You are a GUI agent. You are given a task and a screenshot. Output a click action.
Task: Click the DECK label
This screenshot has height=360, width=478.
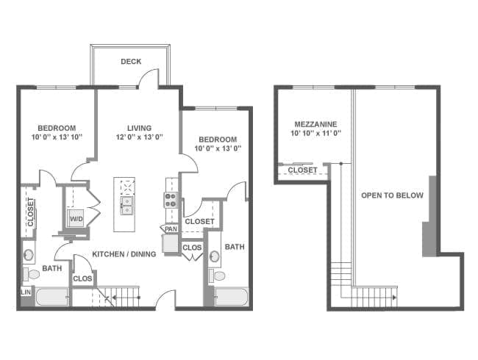[131, 62]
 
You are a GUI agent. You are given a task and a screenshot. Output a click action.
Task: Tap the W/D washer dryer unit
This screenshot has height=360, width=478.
[76, 218]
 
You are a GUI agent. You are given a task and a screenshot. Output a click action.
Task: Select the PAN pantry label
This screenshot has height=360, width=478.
[171, 228]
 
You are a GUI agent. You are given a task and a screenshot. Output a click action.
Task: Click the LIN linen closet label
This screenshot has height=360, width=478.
[26, 292]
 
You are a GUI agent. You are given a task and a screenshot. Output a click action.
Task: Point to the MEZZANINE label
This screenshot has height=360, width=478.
[315, 124]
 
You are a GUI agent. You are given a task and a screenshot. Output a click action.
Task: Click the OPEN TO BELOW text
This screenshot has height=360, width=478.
[393, 195]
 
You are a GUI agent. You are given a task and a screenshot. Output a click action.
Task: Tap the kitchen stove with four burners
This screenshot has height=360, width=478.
[171, 200]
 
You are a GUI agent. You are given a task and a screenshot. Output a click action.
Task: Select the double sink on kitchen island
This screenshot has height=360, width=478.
[126, 206]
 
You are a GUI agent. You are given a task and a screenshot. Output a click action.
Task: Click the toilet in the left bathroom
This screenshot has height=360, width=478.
[32, 275]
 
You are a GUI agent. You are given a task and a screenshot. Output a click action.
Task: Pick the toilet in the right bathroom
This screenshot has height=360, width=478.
[217, 276]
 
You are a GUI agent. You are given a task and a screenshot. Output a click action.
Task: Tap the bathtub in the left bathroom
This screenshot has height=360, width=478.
[52, 297]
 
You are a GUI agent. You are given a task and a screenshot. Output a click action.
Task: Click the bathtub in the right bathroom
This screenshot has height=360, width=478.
[232, 297]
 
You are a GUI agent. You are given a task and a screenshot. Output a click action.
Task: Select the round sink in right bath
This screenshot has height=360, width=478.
[215, 256]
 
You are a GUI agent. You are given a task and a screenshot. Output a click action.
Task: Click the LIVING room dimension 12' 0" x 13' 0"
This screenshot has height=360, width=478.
[140, 137]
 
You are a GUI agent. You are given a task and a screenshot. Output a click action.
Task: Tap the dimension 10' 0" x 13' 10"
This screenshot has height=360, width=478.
[57, 137]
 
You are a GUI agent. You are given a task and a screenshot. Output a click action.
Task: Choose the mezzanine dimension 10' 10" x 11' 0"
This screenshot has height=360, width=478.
[315, 133]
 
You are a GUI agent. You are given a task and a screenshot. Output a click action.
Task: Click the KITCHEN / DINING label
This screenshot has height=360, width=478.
[124, 254]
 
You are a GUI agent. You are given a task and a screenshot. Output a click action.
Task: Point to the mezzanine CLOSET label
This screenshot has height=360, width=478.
[303, 170]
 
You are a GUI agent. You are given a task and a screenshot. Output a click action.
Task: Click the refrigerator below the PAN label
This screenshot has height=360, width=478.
[170, 243]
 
